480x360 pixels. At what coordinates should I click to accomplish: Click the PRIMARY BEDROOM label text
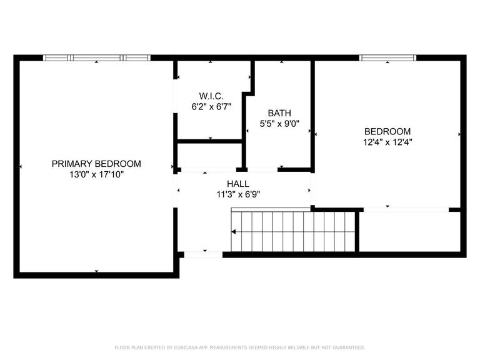pyautogui.click(x=96, y=164)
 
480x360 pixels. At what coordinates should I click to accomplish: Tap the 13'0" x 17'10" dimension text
pyautogui.click(x=96, y=175)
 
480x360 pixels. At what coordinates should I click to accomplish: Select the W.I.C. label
pyautogui.click(x=211, y=96)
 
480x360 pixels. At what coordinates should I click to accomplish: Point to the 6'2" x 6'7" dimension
pyautogui.click(x=211, y=107)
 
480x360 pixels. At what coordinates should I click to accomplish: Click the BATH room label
pyautogui.click(x=279, y=113)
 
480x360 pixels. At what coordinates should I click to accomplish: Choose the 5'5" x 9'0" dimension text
pyautogui.click(x=279, y=124)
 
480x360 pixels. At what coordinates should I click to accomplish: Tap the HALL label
pyautogui.click(x=238, y=184)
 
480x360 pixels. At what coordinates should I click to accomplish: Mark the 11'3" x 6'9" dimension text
pyautogui.click(x=238, y=194)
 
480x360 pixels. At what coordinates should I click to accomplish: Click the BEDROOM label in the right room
pyautogui.click(x=387, y=131)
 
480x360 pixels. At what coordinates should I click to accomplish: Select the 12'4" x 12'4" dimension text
pyautogui.click(x=387, y=142)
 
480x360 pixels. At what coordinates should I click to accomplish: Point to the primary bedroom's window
pyautogui.click(x=97, y=58)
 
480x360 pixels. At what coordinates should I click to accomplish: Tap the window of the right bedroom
pyautogui.click(x=387, y=58)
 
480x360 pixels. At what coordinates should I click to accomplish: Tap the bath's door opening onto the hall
pyautogui.click(x=262, y=169)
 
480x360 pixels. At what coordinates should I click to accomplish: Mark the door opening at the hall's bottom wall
pyautogui.click(x=203, y=254)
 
